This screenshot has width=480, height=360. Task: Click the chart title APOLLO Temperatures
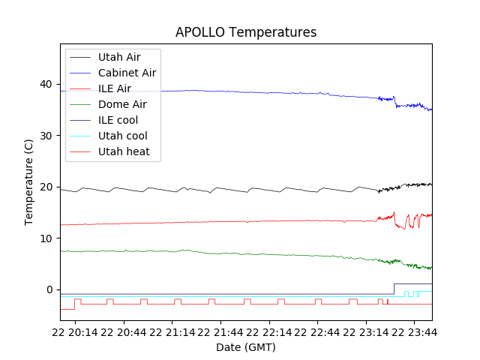pos(246,32)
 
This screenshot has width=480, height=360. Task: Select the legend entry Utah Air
pos(118,57)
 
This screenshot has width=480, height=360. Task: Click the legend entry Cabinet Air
pos(127,73)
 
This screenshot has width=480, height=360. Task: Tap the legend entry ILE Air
pos(115,88)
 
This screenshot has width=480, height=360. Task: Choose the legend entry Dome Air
pos(122,104)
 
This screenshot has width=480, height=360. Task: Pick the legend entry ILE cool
pos(118,120)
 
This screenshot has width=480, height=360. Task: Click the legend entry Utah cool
pos(122,136)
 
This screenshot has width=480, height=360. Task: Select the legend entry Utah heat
pos(124,151)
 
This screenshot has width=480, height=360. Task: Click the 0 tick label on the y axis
pos(50,289)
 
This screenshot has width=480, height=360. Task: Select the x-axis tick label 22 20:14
pos(76,331)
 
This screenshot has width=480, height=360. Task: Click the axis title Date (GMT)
pos(246,347)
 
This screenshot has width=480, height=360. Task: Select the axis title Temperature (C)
pos(28,182)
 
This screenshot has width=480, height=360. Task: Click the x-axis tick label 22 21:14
pos(172,331)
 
